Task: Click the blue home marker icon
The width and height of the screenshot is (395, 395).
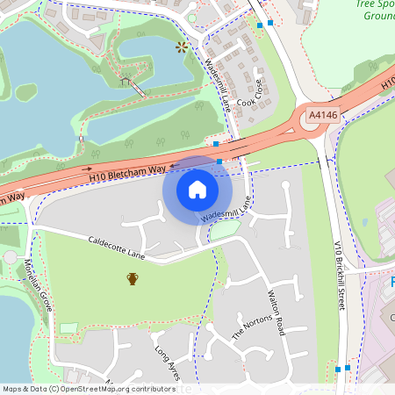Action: click(197, 189)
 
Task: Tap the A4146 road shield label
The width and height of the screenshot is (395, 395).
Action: click(322, 115)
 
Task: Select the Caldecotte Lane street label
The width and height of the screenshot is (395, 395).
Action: click(117, 247)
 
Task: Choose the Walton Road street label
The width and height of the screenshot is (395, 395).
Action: click(276, 314)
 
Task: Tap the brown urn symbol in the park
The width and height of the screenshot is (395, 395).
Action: click(133, 279)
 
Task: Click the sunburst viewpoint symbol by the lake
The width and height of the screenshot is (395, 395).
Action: click(182, 47)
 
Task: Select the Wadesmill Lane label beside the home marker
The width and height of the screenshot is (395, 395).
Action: click(226, 208)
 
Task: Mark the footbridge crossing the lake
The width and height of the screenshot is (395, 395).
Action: click(133, 85)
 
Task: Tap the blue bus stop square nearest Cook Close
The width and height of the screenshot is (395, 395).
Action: click(260, 25)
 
